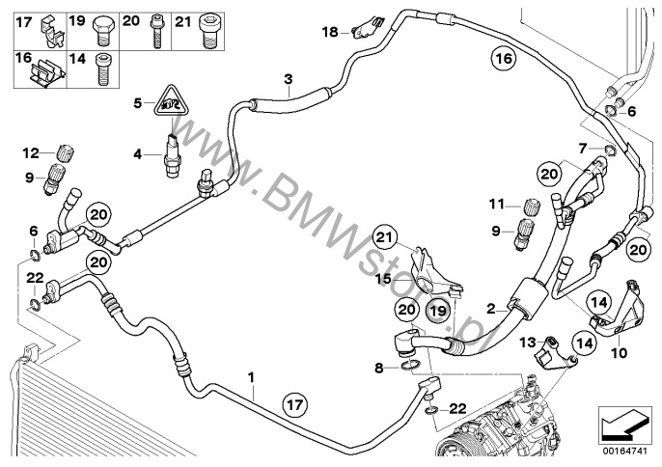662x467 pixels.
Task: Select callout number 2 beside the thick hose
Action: click(490, 308)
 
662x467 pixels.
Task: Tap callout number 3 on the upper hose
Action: click(287, 78)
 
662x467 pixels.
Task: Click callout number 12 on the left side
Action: click(31, 152)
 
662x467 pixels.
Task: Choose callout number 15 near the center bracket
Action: click(382, 278)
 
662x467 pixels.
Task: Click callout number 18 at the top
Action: click(328, 32)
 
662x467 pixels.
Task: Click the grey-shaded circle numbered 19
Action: click(437, 311)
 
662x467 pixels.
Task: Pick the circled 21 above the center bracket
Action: click(385, 236)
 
